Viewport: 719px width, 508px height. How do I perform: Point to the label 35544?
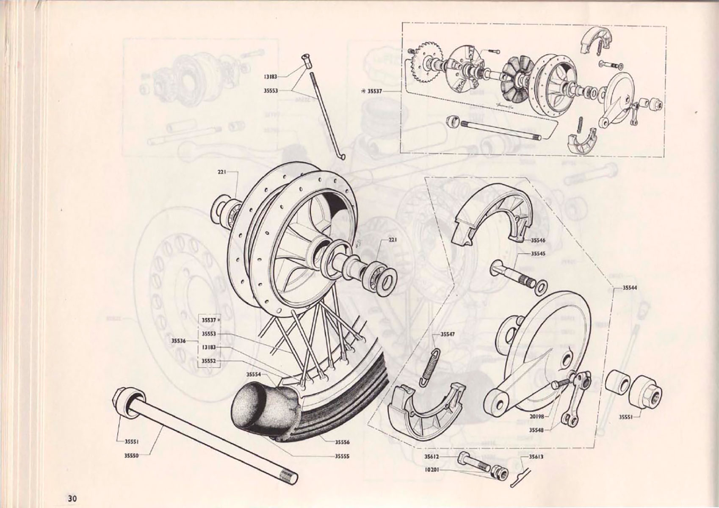[630, 287]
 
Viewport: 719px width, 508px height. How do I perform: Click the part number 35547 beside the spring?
[447, 334]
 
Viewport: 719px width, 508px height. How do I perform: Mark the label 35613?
[536, 457]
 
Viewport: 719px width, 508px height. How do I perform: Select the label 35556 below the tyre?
[342, 442]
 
